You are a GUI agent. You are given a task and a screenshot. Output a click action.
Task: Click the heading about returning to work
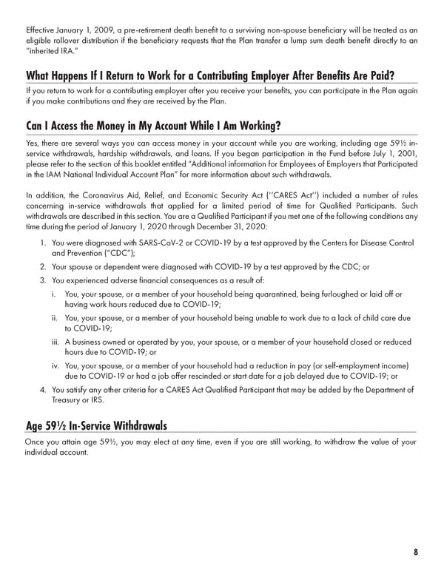pyautogui.click(x=209, y=77)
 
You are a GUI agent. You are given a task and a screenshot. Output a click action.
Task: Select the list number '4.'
pyautogui.click(x=44, y=389)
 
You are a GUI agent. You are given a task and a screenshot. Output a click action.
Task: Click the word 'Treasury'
pyautogui.click(x=70, y=400)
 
